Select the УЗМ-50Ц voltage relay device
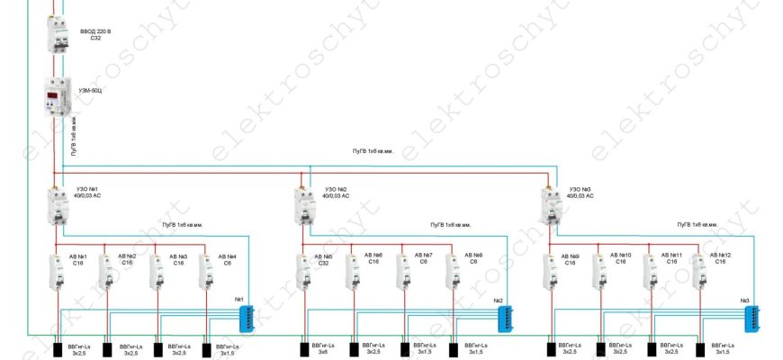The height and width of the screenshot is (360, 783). click(57, 97)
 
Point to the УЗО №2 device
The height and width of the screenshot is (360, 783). click(302, 206)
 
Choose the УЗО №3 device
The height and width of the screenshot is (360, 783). click(549, 206)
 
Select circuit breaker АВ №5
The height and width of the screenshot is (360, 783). click(303, 271)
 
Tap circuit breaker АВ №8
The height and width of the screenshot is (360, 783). click(453, 271)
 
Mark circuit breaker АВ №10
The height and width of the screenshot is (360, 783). click(599, 271)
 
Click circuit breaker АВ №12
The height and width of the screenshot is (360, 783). click(699, 271)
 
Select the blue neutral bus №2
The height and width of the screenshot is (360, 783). click(506, 318)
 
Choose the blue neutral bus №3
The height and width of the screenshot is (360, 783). click(751, 315)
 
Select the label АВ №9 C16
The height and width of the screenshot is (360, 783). click(569, 259)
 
